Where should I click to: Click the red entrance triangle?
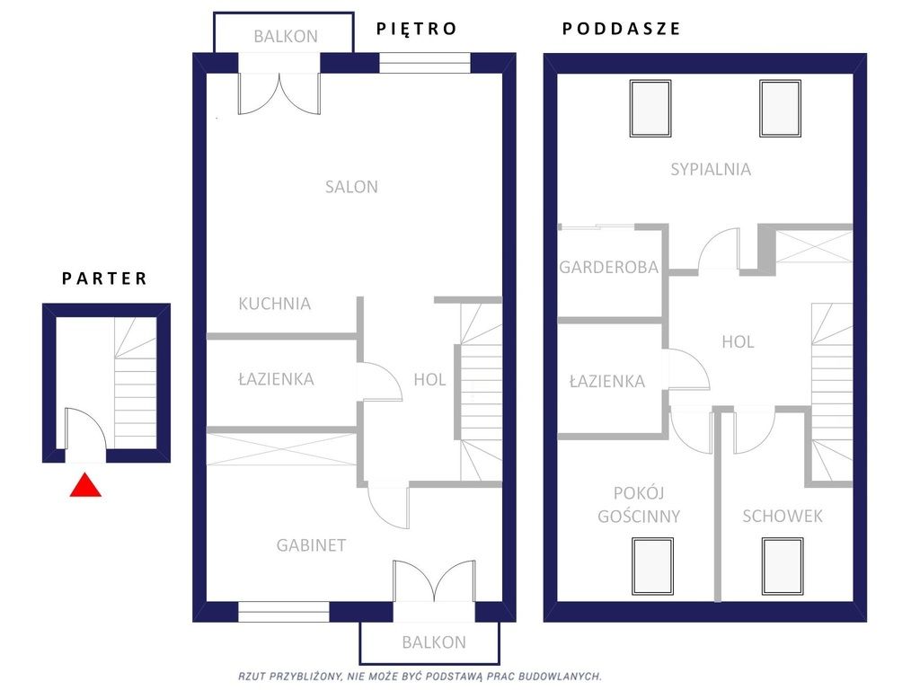[85, 485]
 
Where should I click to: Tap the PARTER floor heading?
[104, 279]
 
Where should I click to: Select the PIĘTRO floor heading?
[417, 28]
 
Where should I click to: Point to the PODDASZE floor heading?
[622, 28]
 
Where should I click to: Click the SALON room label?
[351, 187]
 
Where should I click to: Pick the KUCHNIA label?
[275, 304]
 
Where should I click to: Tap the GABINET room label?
[311, 545]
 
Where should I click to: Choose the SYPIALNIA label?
[711, 169]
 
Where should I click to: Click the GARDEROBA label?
[608, 268]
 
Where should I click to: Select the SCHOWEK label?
[783, 516]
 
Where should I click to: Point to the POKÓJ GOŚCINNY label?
[639, 505]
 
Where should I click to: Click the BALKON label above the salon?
[286, 36]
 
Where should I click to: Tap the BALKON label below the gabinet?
[434, 642]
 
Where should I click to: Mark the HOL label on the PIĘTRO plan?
[429, 380]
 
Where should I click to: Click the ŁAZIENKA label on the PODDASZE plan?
[607, 381]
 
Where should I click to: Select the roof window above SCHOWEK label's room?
[783, 566]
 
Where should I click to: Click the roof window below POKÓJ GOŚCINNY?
[652, 566]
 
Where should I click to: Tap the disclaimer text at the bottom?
[420, 677]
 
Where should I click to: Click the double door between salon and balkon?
[279, 93]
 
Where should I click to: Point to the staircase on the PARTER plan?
[136, 383]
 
